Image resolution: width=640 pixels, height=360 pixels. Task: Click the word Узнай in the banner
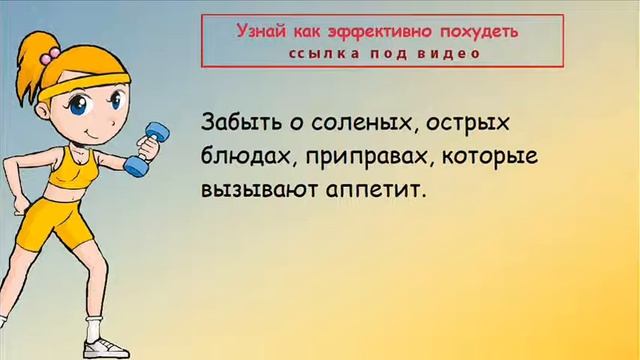[241, 32]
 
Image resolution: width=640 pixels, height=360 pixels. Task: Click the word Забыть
[243, 124]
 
